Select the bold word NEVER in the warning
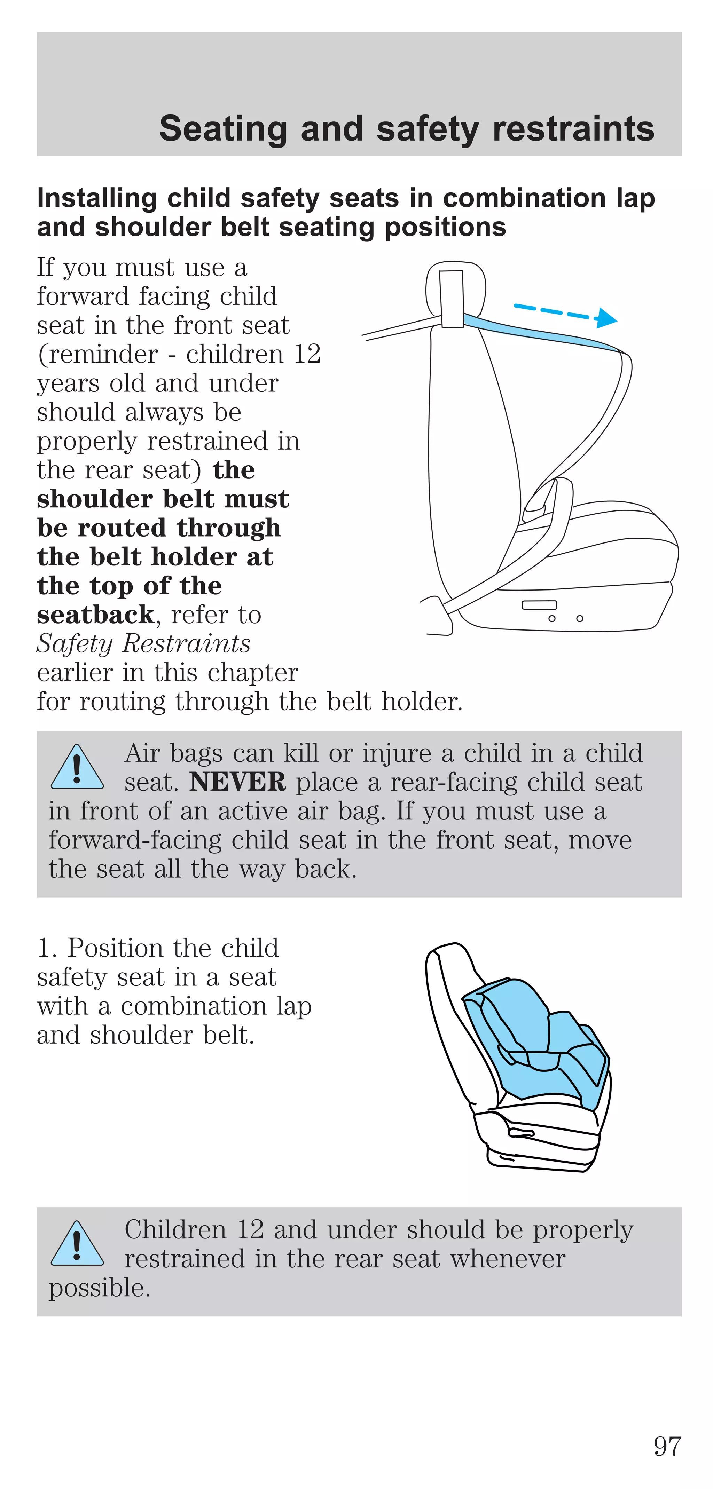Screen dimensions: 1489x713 pos(237,782)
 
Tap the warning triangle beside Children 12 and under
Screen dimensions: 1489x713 pos(77,1244)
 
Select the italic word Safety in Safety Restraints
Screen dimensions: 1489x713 pos(74,644)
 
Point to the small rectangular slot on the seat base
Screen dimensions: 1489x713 pos(539,605)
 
